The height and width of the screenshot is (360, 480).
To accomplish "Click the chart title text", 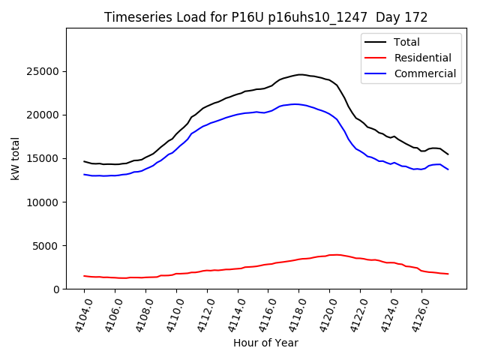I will (266, 17).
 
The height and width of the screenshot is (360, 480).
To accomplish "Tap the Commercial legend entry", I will (424, 73).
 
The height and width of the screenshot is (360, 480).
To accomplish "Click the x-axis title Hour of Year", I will (265, 343).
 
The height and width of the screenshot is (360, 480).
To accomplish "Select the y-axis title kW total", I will (15, 159).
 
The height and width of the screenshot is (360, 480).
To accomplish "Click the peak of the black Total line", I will (300, 74).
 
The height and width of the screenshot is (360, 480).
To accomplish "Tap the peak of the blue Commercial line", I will (295, 104).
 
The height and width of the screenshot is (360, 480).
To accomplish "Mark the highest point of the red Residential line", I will (334, 255).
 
